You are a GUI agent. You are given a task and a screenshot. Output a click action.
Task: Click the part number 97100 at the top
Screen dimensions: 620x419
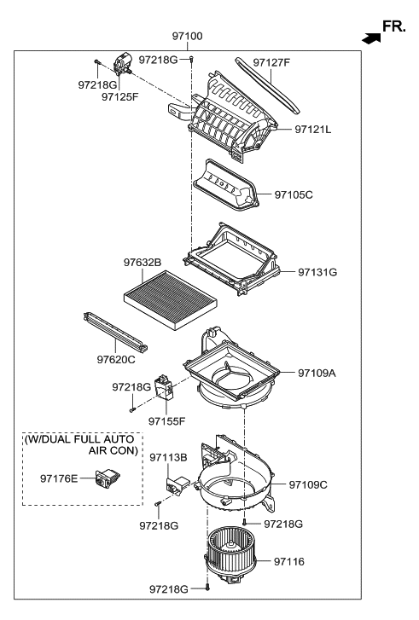(188, 37)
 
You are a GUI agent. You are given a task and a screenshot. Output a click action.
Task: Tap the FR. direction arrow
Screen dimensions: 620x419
(370, 38)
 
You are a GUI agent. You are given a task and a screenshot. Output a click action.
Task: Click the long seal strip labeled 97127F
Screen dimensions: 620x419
(271, 85)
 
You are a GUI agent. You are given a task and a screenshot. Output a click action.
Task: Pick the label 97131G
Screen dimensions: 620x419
(317, 272)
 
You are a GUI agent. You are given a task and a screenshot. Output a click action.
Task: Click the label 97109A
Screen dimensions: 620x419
(317, 373)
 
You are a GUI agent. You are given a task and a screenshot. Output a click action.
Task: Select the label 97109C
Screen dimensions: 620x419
(308, 485)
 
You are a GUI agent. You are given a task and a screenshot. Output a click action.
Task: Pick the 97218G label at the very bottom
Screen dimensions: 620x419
(169, 612)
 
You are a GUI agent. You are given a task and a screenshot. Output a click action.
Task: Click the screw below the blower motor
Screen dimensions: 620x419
(207, 611)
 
